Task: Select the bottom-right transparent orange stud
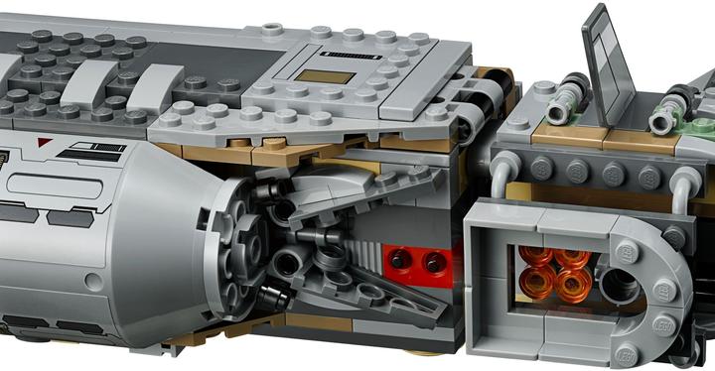(x=570, y=291)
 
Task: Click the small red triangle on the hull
(x=40, y=143)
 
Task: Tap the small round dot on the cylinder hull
(x=94, y=282)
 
